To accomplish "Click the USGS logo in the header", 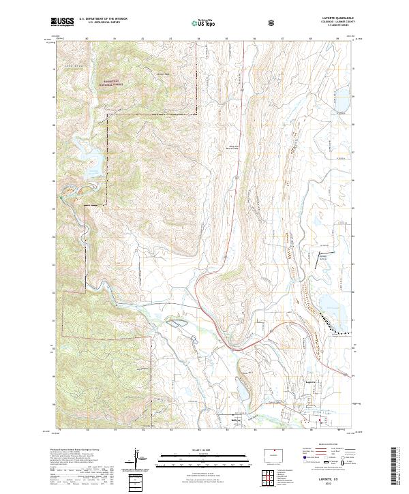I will (x=61, y=22).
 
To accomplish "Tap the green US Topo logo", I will (x=204, y=22).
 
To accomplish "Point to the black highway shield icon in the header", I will (x=272, y=22).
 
